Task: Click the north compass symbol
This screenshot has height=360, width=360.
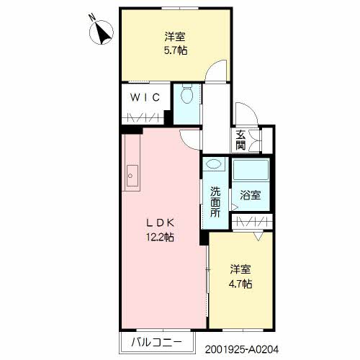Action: [101, 32]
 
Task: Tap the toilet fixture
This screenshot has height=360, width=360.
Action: [186, 94]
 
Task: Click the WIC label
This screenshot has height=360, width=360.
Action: [145, 97]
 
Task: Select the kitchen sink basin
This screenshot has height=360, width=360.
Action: [132, 176]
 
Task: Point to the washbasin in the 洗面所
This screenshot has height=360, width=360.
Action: [213, 164]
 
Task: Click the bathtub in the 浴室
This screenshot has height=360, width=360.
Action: [251, 170]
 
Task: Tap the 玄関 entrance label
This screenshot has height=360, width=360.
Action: [240, 140]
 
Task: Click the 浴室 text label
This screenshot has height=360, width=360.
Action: [251, 195]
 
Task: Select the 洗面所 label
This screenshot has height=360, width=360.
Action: [215, 202]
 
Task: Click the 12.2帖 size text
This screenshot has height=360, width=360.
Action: [160, 238]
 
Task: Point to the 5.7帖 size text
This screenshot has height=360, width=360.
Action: [176, 50]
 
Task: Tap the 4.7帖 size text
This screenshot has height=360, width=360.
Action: [240, 284]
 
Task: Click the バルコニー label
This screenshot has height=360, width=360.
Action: [156, 342]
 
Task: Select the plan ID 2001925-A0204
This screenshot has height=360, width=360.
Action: [242, 349]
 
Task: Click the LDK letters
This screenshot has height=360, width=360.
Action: [160, 223]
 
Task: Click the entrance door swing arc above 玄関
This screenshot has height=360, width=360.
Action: [251, 109]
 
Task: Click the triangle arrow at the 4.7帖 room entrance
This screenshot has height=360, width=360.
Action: [258, 236]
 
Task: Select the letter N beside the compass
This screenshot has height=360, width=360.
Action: [91, 17]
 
